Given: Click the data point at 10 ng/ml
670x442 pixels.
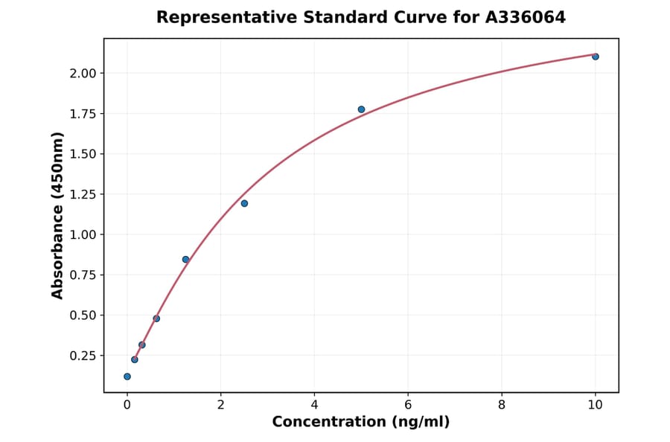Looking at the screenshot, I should (596, 57).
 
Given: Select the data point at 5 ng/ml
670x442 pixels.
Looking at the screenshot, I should (361, 109).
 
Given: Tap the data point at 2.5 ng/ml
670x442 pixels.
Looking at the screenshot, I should (244, 203).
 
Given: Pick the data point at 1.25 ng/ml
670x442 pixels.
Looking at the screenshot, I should (185, 259).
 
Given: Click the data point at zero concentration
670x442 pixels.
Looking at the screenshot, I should (127, 377).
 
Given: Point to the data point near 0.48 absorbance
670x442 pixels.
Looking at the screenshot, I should (156, 318).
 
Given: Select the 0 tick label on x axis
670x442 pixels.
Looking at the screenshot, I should (127, 405).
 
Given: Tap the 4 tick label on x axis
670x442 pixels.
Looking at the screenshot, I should (314, 405).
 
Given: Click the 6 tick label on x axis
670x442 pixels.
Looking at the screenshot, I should (408, 405).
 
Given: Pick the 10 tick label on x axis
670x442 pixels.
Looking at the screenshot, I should (595, 405).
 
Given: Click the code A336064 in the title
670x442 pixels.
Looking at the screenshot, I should (526, 17).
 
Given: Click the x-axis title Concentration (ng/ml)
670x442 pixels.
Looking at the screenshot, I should (360, 422).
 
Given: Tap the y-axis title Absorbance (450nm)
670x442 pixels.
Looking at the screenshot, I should (57, 215).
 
